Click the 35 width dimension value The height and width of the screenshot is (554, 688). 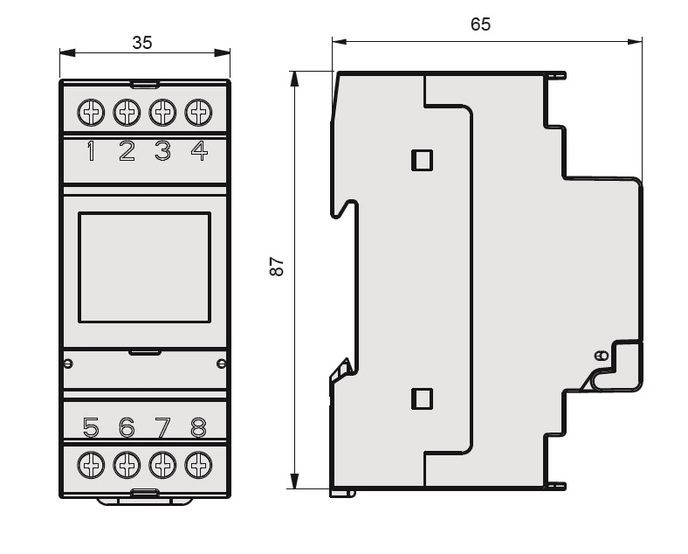click(x=142, y=43)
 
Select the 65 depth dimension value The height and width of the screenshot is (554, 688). click(x=480, y=24)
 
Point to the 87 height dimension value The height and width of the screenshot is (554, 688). click(x=277, y=267)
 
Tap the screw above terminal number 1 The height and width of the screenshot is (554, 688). click(x=91, y=113)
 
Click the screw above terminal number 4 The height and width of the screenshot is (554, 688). click(x=198, y=113)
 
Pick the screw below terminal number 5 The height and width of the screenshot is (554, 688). click(x=91, y=465)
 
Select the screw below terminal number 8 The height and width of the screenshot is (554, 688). click(x=198, y=465)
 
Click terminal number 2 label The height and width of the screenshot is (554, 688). click(x=127, y=150)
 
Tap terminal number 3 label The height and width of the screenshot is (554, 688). click(x=162, y=150)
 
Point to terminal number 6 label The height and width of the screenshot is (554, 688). click(x=127, y=427)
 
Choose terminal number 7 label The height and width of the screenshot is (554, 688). click(x=162, y=427)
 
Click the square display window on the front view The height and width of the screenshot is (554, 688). click(x=144, y=267)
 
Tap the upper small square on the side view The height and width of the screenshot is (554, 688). click(x=422, y=160)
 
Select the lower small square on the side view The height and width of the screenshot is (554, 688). click(x=422, y=398)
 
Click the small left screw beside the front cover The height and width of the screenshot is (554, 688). click(x=68, y=364)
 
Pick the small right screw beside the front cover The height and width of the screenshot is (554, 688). click(x=222, y=364)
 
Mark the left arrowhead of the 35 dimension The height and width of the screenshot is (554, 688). click(x=67, y=53)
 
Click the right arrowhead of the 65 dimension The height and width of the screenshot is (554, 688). click(x=635, y=42)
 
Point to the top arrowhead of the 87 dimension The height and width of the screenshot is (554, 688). click(x=295, y=79)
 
